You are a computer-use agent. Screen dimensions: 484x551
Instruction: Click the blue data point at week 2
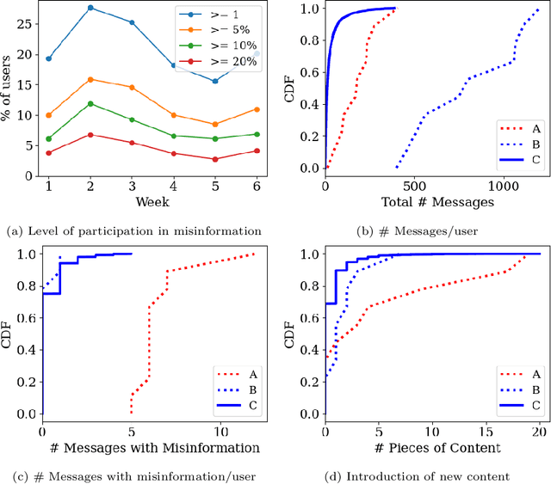[90, 8]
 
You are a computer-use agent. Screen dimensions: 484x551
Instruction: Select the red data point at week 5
[216, 159]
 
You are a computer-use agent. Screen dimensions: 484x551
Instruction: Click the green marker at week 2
[90, 104]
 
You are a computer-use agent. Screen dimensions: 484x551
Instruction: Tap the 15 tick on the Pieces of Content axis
[486, 431]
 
